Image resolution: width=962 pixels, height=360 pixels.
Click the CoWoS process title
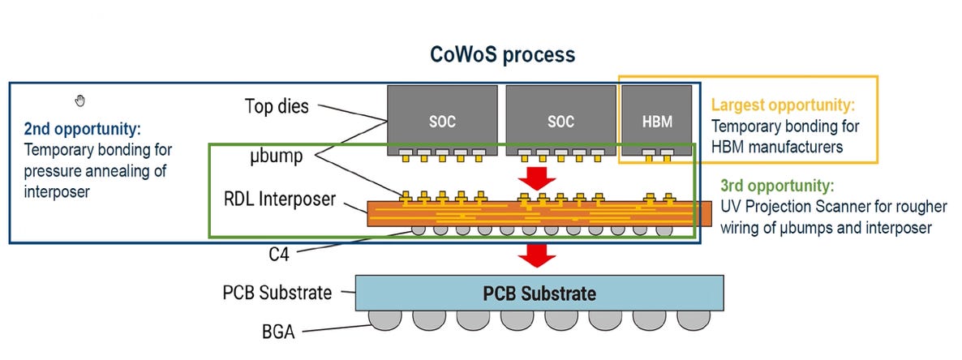(x=501, y=55)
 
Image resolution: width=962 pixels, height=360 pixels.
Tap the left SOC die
(x=442, y=122)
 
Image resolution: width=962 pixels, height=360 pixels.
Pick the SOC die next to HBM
(x=560, y=122)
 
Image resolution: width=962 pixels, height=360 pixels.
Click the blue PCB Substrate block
(x=539, y=293)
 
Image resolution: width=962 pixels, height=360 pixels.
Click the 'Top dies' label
(x=277, y=106)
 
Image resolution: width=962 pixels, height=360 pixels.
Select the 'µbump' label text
(x=277, y=156)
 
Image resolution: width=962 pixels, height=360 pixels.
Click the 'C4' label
(x=278, y=252)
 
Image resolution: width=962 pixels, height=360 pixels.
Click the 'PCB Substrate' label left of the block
(x=277, y=292)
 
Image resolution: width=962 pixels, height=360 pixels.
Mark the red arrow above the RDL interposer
(x=536, y=178)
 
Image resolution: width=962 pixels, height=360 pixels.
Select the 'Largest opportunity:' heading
(x=783, y=105)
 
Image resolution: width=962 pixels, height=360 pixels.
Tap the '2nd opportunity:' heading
(x=82, y=130)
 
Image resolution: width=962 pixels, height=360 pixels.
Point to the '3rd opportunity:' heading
(x=776, y=185)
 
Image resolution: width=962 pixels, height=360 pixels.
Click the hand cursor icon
(x=79, y=101)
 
